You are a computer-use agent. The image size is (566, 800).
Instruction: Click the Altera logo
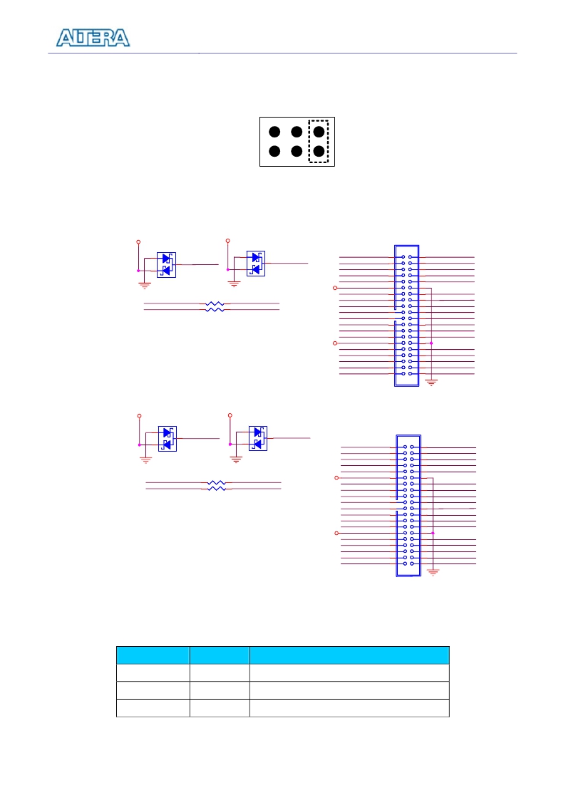tap(93, 38)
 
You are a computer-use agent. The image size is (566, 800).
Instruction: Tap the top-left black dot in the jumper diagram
tap(274, 132)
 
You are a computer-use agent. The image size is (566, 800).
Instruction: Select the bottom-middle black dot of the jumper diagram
tap(297, 151)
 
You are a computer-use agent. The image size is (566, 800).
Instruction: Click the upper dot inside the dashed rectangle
tap(319, 132)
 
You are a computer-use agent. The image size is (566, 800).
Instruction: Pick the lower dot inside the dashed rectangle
tap(319, 151)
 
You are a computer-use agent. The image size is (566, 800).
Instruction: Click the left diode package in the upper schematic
tap(166, 265)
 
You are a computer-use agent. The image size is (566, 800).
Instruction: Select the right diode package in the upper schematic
tap(256, 264)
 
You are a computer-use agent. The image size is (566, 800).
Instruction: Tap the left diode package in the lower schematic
tap(168, 439)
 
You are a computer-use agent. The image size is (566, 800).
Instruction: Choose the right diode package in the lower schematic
tap(258, 438)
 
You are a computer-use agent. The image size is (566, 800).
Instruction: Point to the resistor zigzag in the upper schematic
tap(215, 306)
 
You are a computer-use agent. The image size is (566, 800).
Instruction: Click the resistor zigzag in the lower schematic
tap(217, 485)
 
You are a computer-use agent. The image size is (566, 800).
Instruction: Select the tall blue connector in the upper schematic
tap(407, 316)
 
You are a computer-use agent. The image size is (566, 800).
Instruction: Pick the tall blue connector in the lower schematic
tap(408, 506)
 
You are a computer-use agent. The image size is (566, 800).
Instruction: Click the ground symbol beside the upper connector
tap(431, 383)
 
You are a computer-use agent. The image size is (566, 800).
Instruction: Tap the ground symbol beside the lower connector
tap(433, 573)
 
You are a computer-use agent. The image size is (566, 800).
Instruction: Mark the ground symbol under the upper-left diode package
tap(145, 286)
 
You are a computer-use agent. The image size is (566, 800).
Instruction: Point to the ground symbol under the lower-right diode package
tap(236, 459)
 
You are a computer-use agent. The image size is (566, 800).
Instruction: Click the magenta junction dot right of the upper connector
tap(431, 343)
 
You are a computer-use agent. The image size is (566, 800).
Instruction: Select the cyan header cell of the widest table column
tap(349, 655)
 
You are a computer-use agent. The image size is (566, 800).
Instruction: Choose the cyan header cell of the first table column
tap(153, 655)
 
